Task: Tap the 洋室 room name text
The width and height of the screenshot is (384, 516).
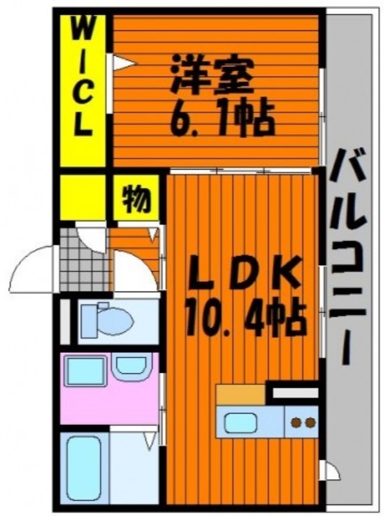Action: pyautogui.click(x=212, y=75)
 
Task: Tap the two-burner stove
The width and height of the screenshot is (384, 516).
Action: pyautogui.click(x=301, y=422)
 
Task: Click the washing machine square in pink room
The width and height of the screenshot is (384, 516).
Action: pyautogui.click(x=86, y=371)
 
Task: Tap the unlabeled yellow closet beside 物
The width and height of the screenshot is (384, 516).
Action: pyautogui.click(x=83, y=197)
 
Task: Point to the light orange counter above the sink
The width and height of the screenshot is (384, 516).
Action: pyautogui.click(x=241, y=394)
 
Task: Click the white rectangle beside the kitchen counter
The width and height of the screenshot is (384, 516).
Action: pyautogui.click(x=296, y=393)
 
